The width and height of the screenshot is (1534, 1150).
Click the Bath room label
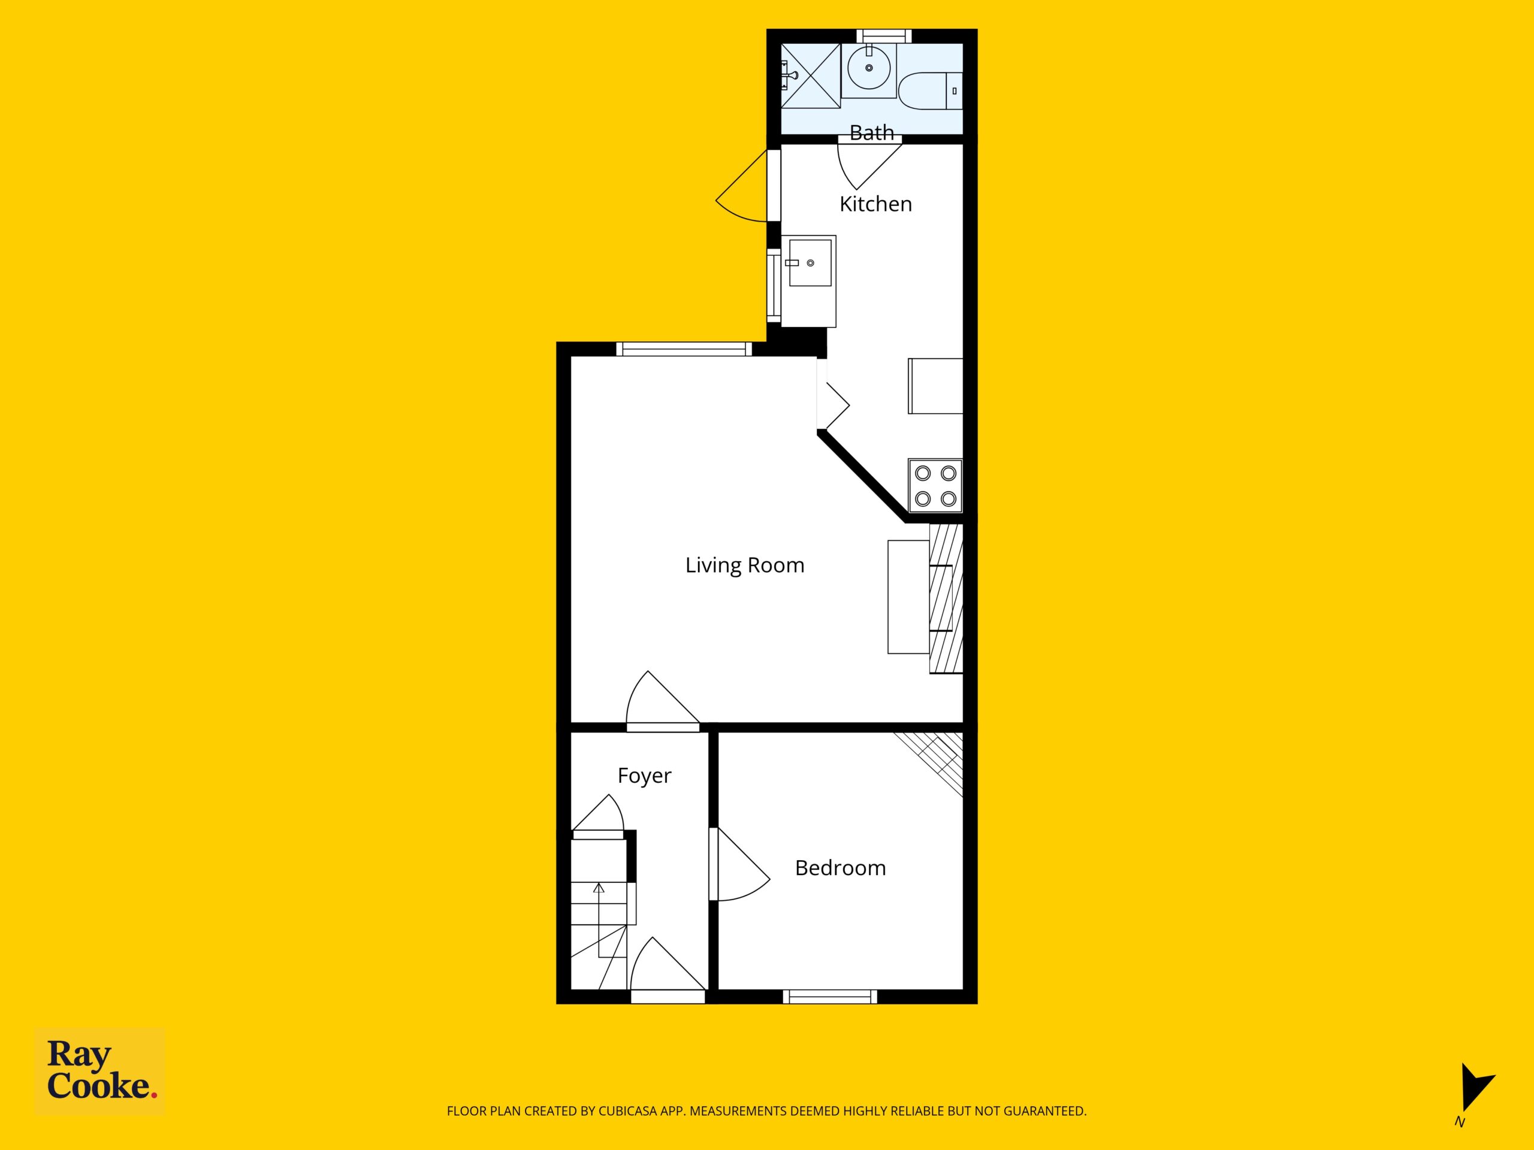click(872, 132)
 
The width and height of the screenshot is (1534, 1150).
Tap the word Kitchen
click(875, 204)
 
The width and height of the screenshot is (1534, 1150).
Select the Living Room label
click(745, 565)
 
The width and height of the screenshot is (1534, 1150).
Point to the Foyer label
click(644, 776)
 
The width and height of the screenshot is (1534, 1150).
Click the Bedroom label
click(841, 868)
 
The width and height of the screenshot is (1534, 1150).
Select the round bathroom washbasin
click(869, 68)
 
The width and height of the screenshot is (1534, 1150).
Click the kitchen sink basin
click(810, 263)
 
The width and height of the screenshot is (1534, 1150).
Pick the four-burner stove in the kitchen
click(935, 486)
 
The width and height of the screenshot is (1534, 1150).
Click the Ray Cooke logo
click(101, 1071)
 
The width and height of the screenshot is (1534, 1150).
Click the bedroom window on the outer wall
click(830, 997)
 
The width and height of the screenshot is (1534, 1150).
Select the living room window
click(684, 349)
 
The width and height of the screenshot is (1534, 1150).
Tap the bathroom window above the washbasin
click(883, 36)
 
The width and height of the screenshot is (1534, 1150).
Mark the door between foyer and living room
click(662, 700)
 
